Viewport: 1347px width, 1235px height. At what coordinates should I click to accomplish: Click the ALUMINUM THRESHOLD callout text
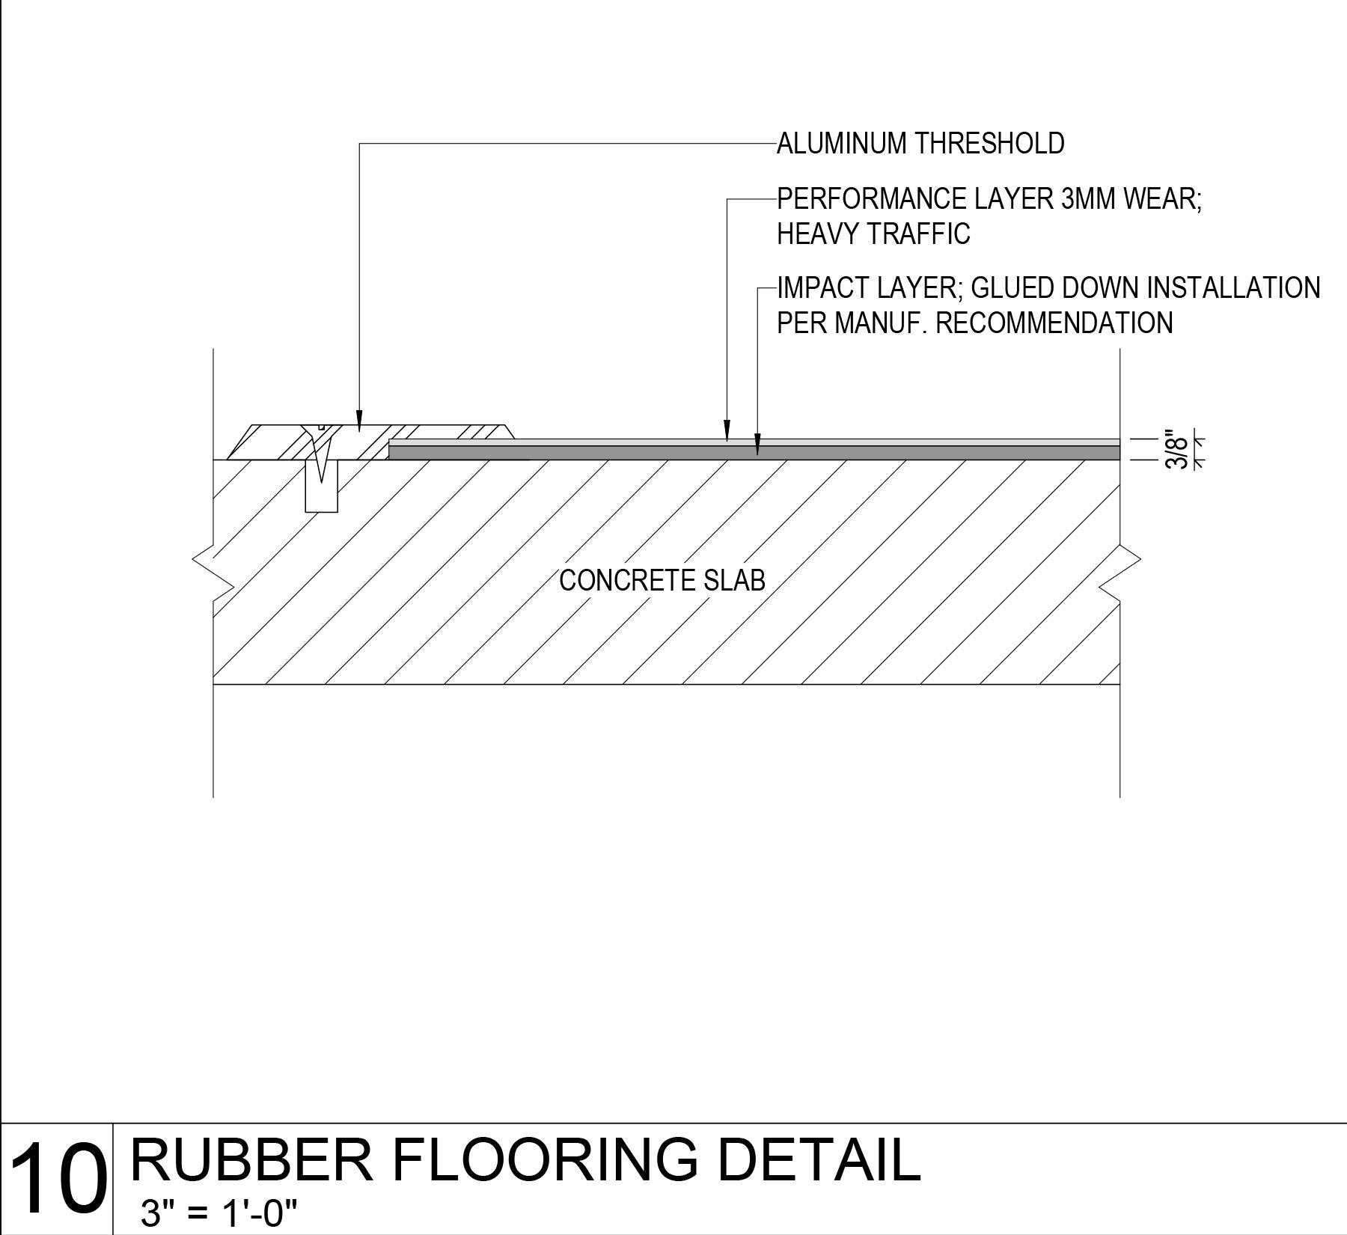tap(920, 143)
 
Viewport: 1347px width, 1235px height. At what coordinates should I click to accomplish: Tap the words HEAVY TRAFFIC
tap(873, 234)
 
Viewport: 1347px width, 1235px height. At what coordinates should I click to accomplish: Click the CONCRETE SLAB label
tap(662, 580)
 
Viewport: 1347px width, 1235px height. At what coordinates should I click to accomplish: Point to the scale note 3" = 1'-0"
tap(219, 1213)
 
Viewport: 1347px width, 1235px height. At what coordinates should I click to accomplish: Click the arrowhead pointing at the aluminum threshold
tap(359, 420)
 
